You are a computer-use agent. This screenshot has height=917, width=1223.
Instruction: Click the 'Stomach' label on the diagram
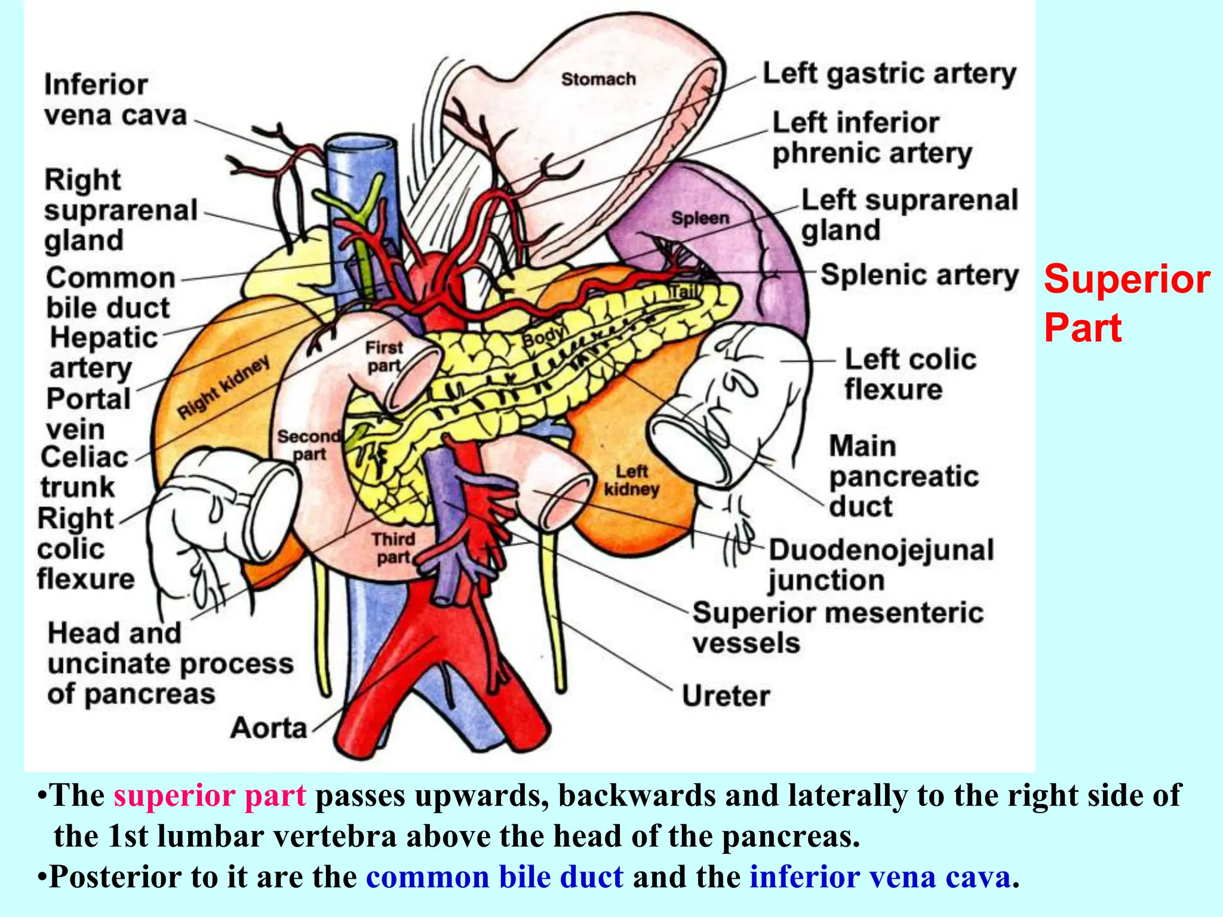598,79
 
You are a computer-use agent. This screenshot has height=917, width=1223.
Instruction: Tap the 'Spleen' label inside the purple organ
700,218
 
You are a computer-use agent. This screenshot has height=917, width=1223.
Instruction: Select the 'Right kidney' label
224,388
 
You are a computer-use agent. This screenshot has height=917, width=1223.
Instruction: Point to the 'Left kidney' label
632,481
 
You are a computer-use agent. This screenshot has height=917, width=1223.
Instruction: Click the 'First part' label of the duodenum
384,356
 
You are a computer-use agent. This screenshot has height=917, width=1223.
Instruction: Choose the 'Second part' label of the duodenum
309,445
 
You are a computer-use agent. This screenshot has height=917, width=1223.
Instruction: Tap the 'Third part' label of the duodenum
393,548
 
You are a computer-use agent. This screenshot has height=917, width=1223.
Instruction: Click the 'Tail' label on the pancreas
683,293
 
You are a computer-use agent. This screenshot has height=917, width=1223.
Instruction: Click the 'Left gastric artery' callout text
889,75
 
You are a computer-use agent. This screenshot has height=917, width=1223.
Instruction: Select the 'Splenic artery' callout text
919,275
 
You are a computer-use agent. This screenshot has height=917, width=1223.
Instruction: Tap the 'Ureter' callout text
726,696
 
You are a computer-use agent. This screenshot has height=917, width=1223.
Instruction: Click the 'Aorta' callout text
269,728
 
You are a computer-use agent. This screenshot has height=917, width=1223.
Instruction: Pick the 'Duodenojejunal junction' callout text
881,565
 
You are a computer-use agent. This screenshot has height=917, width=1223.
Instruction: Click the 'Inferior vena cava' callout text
115,100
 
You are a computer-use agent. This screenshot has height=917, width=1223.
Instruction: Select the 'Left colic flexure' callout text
910,374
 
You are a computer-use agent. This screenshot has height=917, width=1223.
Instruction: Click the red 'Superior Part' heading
1126,303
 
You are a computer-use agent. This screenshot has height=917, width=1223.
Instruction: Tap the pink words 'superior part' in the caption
210,796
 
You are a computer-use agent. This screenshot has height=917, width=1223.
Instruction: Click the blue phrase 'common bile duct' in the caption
495,877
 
